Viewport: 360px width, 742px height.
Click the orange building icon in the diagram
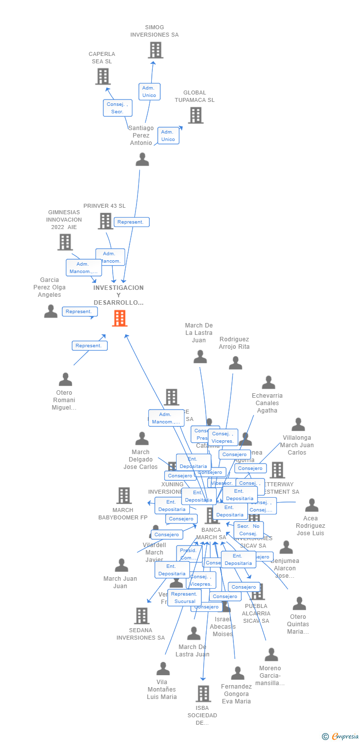point(120,318)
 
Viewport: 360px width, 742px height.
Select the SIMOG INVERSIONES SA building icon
point(155,50)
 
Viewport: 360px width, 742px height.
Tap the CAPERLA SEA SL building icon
point(102,76)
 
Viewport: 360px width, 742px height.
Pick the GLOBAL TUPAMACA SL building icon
point(195,115)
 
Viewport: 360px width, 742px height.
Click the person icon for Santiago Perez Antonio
point(142,159)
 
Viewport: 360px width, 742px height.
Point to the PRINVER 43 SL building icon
point(105,221)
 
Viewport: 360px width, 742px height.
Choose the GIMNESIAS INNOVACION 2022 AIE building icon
point(65,242)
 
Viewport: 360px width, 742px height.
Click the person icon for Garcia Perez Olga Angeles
point(50,311)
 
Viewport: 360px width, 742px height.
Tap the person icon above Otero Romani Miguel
point(65,379)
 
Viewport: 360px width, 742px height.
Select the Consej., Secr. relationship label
point(118,108)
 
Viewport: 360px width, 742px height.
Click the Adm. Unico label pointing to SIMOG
point(149,92)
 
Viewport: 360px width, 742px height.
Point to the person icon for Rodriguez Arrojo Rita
point(235,363)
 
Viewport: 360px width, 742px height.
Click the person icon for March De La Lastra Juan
point(200,357)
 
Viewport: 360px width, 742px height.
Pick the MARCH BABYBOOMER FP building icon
point(124,495)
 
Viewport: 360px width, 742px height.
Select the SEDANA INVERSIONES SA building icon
point(141,616)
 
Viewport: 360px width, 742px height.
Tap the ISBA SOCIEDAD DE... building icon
point(203,694)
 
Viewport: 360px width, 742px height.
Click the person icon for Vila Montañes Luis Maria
point(163,669)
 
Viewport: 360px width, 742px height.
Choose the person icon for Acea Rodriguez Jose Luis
point(312,505)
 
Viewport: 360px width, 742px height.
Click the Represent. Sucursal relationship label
point(184,598)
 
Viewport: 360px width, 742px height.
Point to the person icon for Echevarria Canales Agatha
point(269,382)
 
